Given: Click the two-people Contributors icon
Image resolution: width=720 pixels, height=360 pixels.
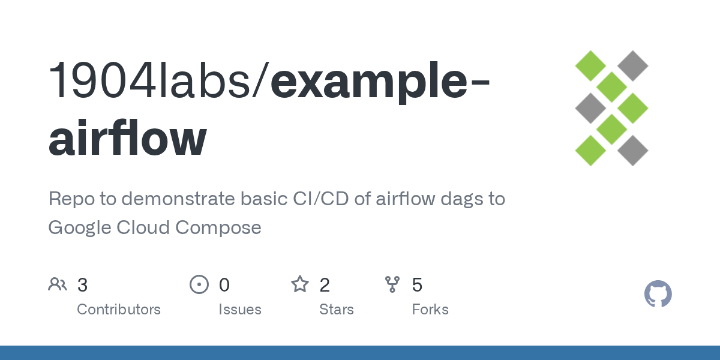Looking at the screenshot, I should click(x=58, y=284).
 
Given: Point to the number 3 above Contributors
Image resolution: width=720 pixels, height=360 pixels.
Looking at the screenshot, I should click(x=83, y=284).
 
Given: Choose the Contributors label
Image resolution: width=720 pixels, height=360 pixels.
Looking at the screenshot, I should click(x=119, y=310).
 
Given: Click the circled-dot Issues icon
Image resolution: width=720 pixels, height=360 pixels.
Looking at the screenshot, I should click(x=199, y=284).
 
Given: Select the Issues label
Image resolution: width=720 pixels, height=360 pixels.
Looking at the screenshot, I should click(x=240, y=310).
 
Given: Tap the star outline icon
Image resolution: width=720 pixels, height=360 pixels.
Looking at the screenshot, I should click(x=300, y=284).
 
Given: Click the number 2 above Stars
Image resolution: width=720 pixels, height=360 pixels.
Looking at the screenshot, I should click(x=325, y=284).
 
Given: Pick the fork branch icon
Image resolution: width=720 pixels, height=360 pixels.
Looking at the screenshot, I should click(x=392, y=284).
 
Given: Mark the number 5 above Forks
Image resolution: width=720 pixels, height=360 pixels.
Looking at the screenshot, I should click(x=417, y=284).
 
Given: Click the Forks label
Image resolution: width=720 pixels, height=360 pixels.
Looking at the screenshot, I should click(x=430, y=310).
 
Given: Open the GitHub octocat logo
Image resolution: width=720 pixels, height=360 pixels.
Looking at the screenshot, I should click(x=658, y=294).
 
